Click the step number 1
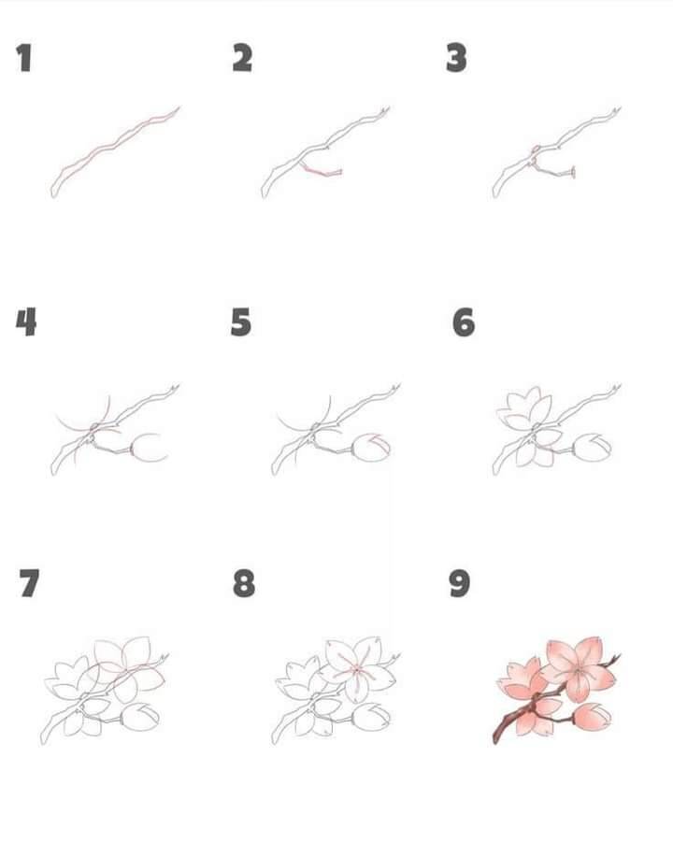pyautogui.click(x=24, y=58)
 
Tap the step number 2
pyautogui.click(x=242, y=58)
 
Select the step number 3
pyautogui.click(x=456, y=58)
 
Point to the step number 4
pyautogui.click(x=26, y=322)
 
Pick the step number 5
pyautogui.click(x=241, y=322)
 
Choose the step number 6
pyautogui.click(x=464, y=322)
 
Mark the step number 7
pyautogui.click(x=29, y=583)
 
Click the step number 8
pyautogui.click(x=244, y=584)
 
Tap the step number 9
pyautogui.click(x=460, y=584)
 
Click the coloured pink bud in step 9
pyautogui.click(x=593, y=717)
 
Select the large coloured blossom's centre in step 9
pyautogui.click(x=578, y=670)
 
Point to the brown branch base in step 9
pyautogui.click(x=506, y=728)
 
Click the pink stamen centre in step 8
pyautogui.click(x=356, y=669)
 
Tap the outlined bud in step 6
pyautogui.click(x=593, y=448)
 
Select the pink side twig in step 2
pyautogui.click(x=322, y=170)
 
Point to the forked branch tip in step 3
pyautogui.click(x=616, y=111)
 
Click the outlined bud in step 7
pyautogui.click(x=140, y=717)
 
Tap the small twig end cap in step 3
pyautogui.click(x=573, y=172)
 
